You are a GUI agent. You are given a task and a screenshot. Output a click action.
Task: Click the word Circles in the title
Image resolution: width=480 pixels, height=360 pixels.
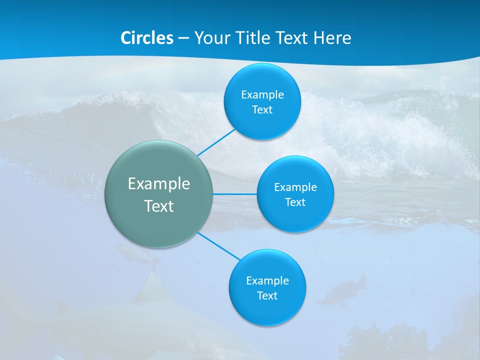click(x=147, y=38)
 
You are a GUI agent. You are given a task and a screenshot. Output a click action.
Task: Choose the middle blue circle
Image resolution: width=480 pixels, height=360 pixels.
click(x=295, y=220)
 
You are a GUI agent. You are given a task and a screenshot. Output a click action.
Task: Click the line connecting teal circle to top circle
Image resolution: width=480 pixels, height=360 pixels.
click(x=216, y=142)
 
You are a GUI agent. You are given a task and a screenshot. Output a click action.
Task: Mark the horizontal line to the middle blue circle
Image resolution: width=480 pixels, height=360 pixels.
click(x=235, y=194)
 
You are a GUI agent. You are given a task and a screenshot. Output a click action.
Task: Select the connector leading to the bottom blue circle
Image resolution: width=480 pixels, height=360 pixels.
click(x=219, y=246)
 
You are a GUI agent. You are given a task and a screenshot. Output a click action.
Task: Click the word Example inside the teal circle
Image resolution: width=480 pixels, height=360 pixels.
click(x=159, y=183)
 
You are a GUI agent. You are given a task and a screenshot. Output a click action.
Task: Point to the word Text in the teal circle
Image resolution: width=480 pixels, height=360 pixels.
click(x=159, y=206)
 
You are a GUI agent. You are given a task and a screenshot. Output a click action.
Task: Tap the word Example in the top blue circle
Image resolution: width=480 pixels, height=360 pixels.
click(x=262, y=94)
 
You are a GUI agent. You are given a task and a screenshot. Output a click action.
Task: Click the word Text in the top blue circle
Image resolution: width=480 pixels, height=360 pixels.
click(x=262, y=109)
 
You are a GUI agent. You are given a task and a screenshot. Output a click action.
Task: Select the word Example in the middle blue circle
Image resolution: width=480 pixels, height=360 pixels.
click(x=295, y=187)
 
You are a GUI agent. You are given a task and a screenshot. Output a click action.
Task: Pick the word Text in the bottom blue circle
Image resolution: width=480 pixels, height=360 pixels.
click(x=267, y=295)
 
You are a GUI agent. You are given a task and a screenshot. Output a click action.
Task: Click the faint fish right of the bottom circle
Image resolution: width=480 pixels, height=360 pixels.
click(x=342, y=292)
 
